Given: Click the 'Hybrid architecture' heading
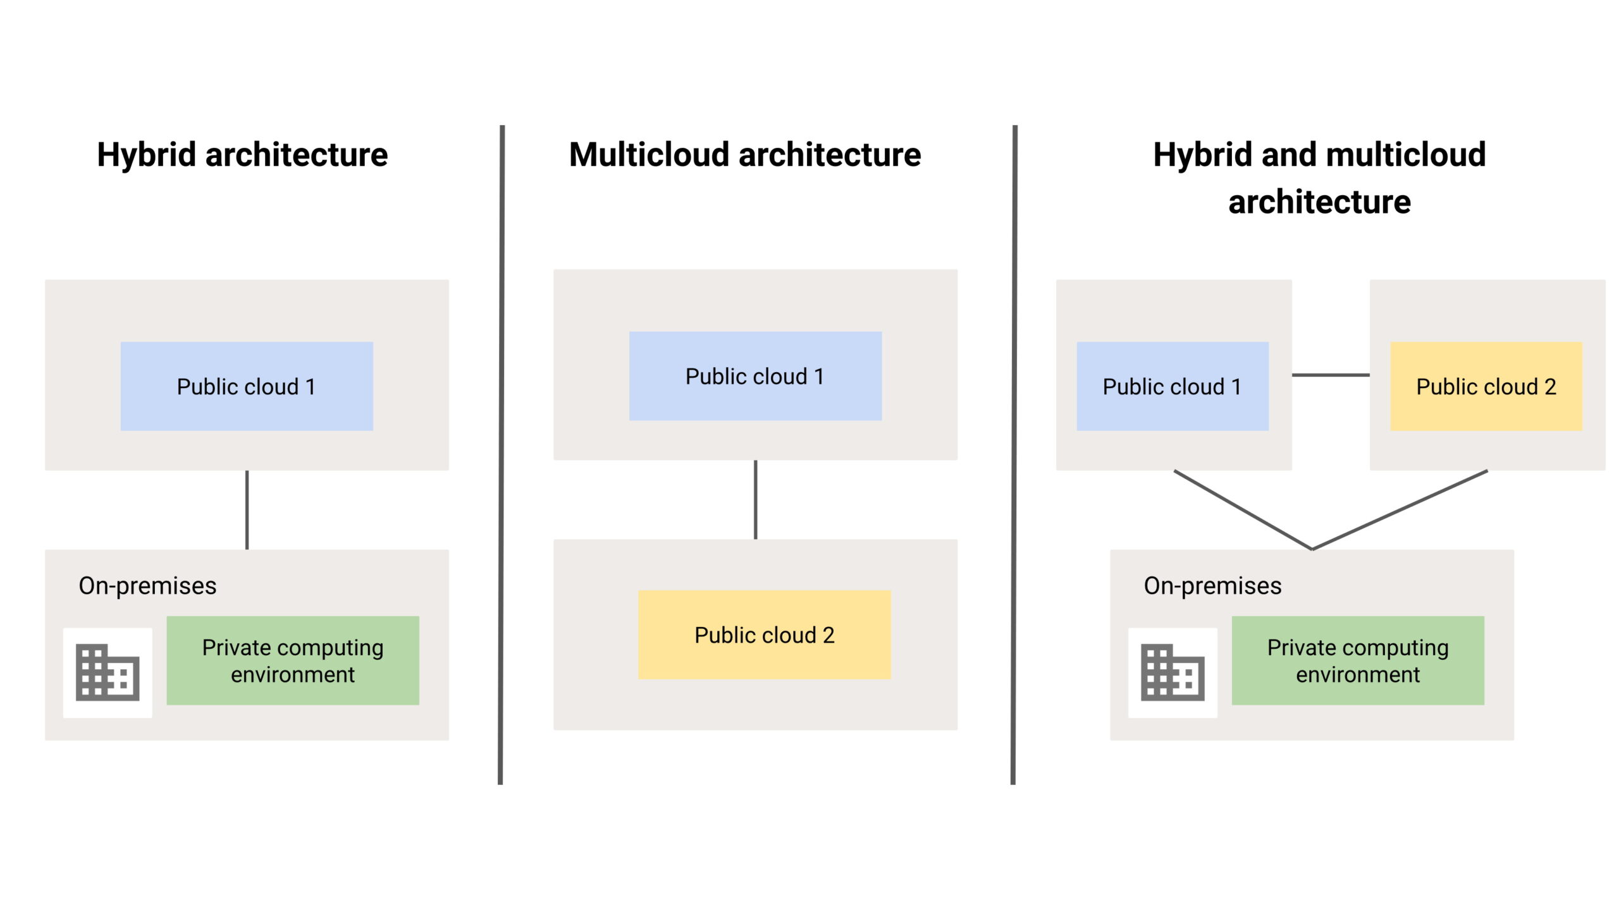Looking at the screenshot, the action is click(x=242, y=155).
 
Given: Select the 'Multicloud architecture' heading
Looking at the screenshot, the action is click(x=745, y=155).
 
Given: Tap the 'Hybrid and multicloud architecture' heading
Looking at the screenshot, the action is click(x=1319, y=178).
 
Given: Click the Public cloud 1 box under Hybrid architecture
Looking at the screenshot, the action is click(x=247, y=386).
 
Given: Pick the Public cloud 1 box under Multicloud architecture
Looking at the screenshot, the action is click(x=755, y=376).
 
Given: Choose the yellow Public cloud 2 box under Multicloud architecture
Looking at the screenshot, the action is click(x=765, y=634).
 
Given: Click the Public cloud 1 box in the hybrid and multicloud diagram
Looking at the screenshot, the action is click(x=1173, y=386).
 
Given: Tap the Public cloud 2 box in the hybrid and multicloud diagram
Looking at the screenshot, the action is click(x=1486, y=386).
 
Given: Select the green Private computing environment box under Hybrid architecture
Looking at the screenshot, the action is click(x=293, y=660).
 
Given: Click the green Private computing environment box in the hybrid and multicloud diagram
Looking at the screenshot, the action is click(x=1358, y=660).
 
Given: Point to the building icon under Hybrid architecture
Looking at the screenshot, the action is click(x=108, y=672).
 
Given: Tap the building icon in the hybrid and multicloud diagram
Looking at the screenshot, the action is click(x=1173, y=672).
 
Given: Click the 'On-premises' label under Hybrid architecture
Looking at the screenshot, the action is click(x=147, y=586).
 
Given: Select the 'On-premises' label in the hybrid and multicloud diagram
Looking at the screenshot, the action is click(x=1212, y=586).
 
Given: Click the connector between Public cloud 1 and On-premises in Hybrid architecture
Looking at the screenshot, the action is click(x=247, y=510).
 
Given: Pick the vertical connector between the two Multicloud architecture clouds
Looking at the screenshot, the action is click(x=756, y=500).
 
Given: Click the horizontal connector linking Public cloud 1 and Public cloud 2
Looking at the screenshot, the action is click(x=1331, y=375).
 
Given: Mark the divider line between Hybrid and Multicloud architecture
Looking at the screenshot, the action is click(x=502, y=455).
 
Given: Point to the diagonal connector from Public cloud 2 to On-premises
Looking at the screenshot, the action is click(x=1400, y=509).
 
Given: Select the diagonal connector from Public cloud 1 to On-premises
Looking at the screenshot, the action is click(x=1243, y=509).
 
